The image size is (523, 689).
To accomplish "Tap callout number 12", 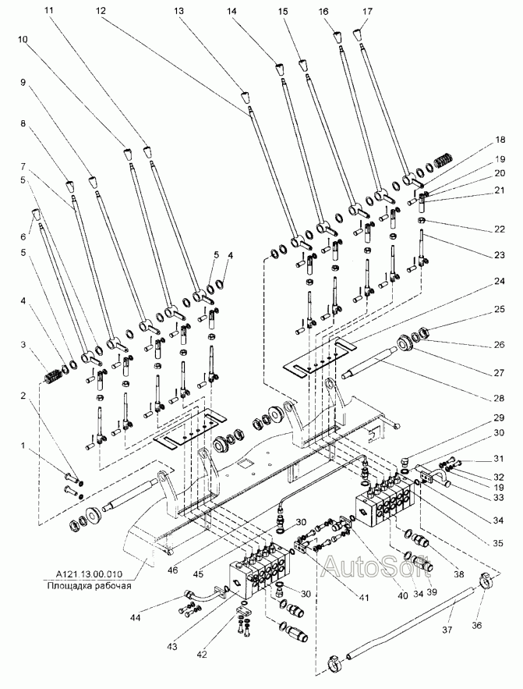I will coord(101,12).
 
